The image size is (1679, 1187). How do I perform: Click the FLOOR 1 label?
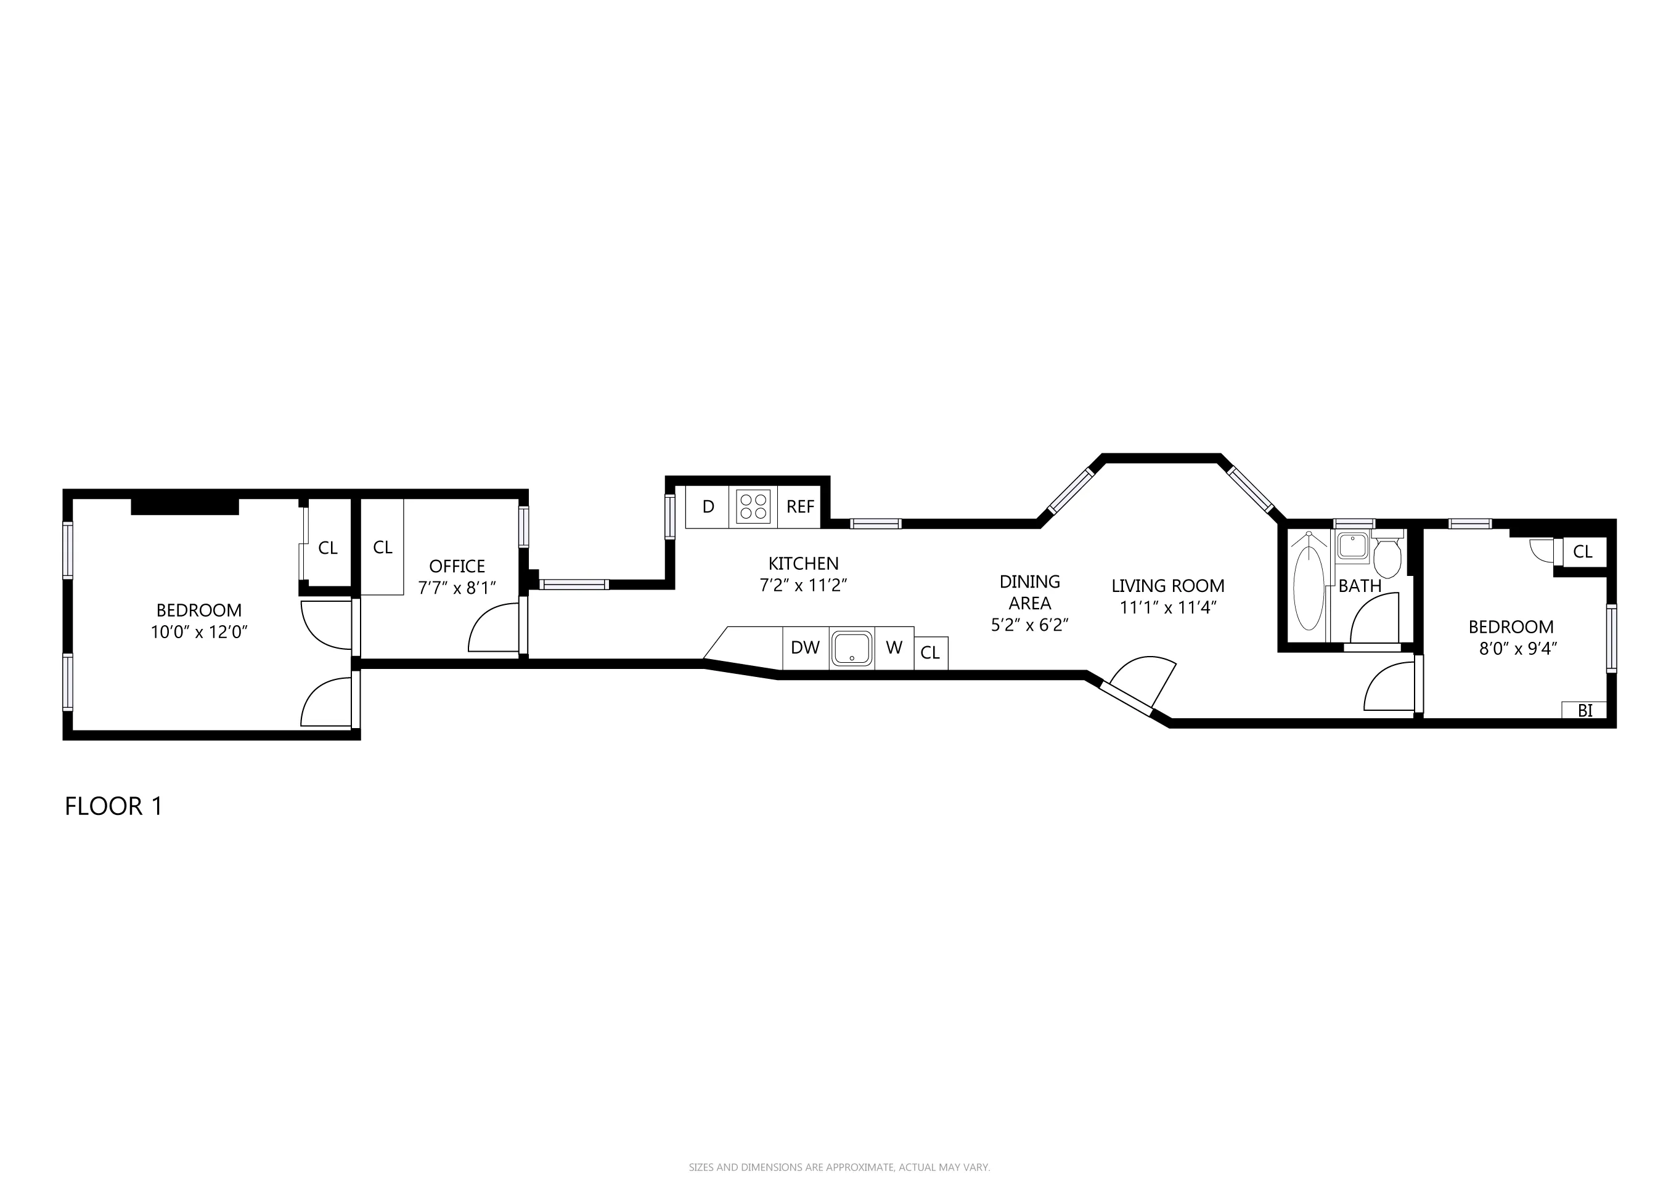coord(113,806)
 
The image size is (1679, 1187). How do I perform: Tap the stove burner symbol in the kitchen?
coord(753,506)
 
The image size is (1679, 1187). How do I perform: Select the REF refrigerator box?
coord(800,506)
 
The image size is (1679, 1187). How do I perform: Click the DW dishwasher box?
coord(805,647)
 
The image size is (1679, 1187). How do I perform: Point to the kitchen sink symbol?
coord(852,648)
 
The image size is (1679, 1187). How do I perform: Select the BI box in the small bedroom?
coord(1584,710)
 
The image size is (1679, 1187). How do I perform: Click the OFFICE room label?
coord(457,567)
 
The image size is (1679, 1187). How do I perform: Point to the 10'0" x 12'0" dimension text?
coord(199,632)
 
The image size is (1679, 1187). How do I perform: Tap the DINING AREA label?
coord(1029,592)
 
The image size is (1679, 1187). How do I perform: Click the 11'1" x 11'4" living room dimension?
coord(1168,607)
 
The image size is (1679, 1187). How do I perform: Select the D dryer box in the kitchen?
coord(707,506)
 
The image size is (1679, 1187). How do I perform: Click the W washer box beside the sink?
coord(894,647)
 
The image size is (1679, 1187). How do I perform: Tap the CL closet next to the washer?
coord(930,653)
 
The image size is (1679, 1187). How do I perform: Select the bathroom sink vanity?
coord(1352,545)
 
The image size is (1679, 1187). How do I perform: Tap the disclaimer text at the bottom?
coord(839,1167)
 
